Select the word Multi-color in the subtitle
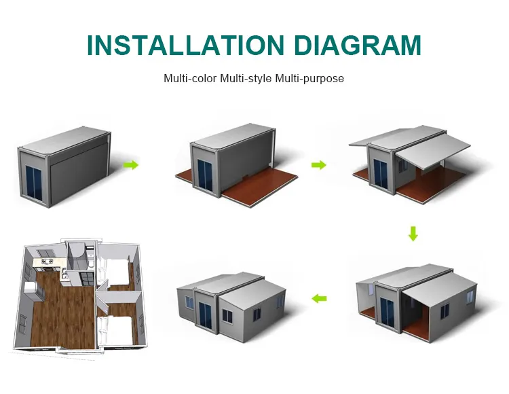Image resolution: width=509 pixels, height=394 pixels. click(x=189, y=79)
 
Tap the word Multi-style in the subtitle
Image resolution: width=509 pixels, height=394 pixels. click(x=245, y=79)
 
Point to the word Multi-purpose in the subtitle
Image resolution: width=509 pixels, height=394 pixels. click(x=309, y=79)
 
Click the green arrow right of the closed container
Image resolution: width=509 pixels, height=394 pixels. click(x=131, y=165)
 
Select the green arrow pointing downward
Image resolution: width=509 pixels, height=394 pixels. click(x=413, y=234)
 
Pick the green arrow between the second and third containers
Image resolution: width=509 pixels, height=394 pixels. click(x=318, y=165)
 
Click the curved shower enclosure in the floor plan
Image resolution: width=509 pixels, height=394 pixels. click(x=87, y=257)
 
